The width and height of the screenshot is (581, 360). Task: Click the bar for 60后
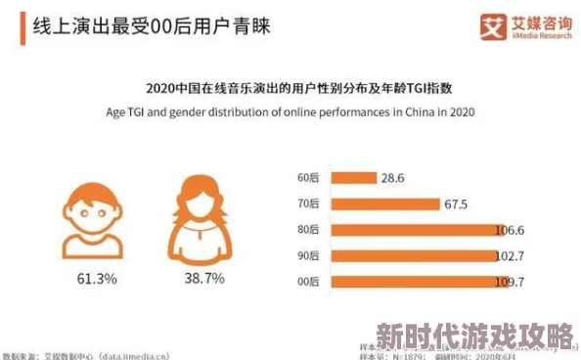coord(353,178)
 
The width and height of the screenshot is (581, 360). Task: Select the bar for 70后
coord(384,203)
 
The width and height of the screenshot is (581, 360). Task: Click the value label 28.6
coord(393,178)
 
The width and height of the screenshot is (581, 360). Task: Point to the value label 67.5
coord(456,204)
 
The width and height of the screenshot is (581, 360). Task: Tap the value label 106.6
coord(509,231)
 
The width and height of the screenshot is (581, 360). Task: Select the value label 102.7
coord(509,256)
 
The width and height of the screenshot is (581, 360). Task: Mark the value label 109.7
coord(509,282)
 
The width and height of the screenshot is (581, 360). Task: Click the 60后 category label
coord(308,178)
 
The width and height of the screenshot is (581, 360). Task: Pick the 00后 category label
coord(308,282)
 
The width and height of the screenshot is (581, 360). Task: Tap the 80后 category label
coord(308,230)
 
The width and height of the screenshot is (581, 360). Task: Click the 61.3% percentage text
coord(97,279)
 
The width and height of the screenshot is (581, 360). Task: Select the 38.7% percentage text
coord(204,279)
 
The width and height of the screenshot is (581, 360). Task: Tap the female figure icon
coord(204,217)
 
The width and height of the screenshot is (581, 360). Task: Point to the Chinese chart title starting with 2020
coord(290,88)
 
